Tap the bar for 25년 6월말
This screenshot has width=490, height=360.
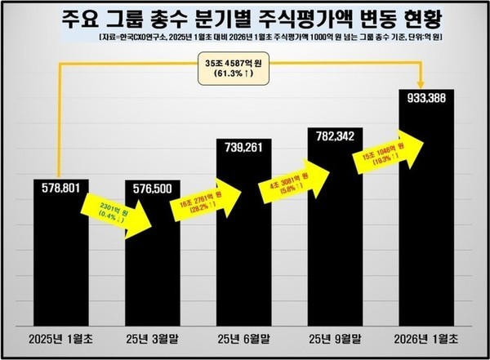click(243, 261)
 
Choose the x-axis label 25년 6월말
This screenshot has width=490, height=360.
click(243, 338)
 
